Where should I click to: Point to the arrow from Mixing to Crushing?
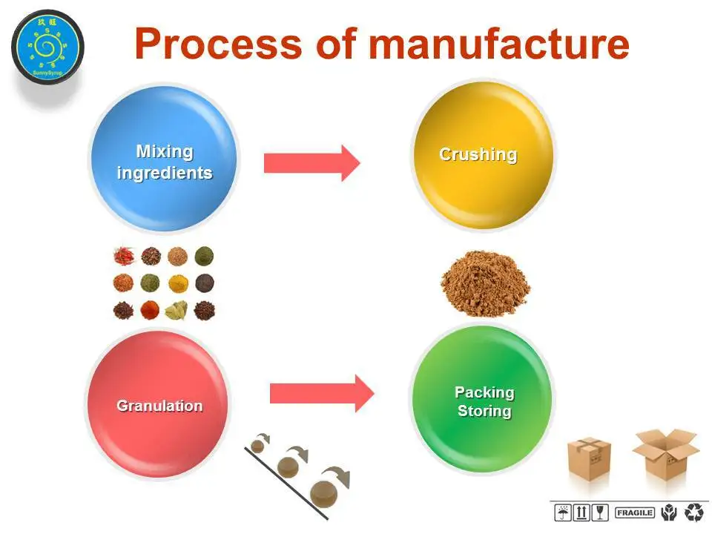311,162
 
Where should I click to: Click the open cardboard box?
664,452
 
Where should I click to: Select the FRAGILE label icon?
634,512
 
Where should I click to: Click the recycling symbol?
695,512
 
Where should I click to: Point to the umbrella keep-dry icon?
564,512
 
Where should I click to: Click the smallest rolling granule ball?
258,446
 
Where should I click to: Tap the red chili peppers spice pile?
123,257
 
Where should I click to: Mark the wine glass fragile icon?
600,512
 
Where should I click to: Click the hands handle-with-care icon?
669,512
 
